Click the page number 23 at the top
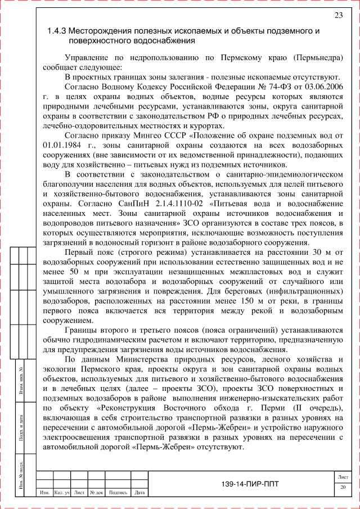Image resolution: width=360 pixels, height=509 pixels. [x=339, y=15]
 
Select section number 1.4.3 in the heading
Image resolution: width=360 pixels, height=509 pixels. [x=57, y=31]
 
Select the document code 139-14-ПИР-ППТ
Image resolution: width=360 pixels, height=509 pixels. [x=250, y=484]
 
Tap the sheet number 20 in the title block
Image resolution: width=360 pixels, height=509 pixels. [x=343, y=487]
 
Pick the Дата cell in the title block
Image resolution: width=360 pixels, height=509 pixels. [x=140, y=493]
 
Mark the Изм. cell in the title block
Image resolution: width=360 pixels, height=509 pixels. [x=43, y=493]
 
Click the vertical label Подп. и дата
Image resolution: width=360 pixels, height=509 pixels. [x=20, y=426]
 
